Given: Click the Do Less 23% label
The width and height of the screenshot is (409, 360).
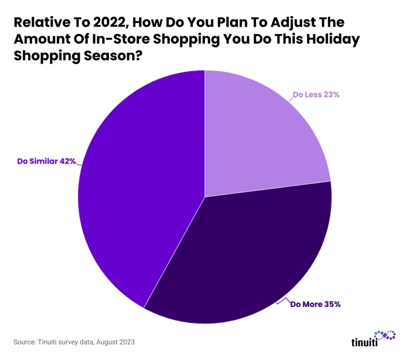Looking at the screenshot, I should (316, 95).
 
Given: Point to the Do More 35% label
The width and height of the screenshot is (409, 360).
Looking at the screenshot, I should (315, 304).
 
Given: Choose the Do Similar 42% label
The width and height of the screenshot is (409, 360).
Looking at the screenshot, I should (46, 162).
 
